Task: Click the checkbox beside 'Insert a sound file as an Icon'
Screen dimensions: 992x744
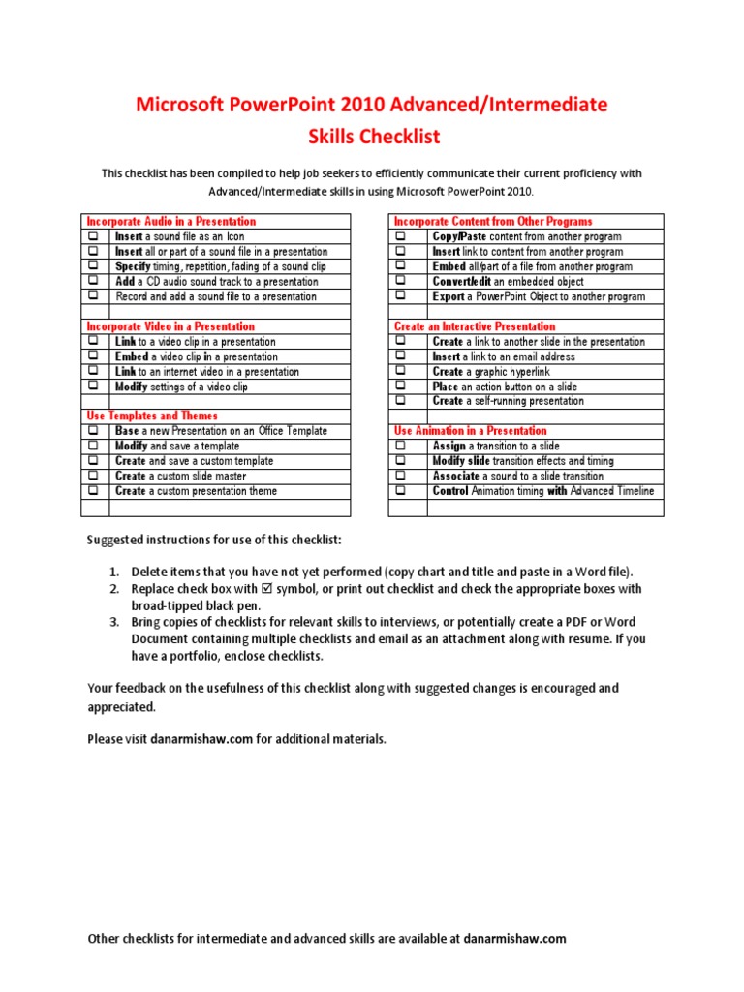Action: (x=93, y=236)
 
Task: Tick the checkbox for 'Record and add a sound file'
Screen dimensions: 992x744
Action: (x=93, y=296)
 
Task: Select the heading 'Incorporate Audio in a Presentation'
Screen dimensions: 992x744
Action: (x=171, y=222)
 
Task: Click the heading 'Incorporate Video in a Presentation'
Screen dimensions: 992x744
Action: (x=170, y=326)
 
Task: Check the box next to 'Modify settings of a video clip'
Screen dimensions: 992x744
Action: (x=93, y=387)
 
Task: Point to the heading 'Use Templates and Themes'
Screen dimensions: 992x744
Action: (x=148, y=416)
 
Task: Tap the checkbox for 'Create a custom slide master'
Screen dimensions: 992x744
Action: (x=93, y=476)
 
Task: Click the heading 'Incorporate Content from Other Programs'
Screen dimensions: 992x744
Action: (x=493, y=222)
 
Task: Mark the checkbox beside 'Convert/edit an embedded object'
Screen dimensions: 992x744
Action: (x=401, y=282)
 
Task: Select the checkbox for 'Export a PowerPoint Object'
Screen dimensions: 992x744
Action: (x=401, y=296)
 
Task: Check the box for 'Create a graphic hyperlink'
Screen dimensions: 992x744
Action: (x=401, y=371)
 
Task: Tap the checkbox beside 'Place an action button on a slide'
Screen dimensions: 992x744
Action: (x=401, y=387)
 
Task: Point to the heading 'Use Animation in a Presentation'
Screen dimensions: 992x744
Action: (x=470, y=431)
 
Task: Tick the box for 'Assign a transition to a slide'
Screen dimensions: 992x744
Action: (x=401, y=446)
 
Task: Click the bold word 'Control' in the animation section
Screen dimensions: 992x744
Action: (x=450, y=491)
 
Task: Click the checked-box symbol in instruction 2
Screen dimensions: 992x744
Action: (x=267, y=589)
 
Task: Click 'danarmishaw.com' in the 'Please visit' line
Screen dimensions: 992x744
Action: (x=202, y=739)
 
